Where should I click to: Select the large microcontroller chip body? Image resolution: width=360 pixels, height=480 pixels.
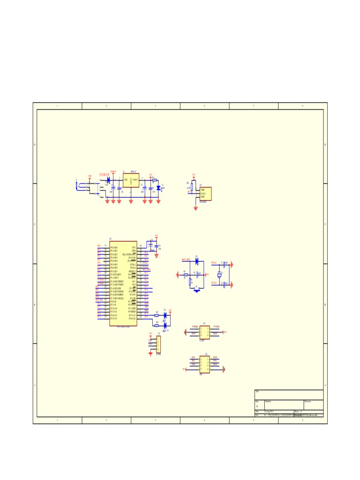(x=123, y=283)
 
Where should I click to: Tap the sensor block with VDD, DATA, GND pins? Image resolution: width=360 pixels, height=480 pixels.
(x=205, y=194)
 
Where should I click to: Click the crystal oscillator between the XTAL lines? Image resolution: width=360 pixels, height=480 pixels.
(x=218, y=275)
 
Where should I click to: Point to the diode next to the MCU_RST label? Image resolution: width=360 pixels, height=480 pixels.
(x=197, y=261)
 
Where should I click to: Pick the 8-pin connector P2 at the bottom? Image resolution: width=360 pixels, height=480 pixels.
(x=204, y=363)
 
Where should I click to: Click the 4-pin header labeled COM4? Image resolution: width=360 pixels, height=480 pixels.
(x=158, y=345)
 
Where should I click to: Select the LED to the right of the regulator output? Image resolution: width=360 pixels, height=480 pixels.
(x=158, y=188)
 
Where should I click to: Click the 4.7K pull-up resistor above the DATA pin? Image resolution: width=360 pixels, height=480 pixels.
(x=192, y=187)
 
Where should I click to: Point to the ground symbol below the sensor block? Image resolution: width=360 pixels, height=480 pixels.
(x=195, y=208)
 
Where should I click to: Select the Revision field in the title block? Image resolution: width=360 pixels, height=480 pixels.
(x=313, y=405)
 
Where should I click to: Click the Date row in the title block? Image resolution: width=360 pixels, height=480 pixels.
(x=274, y=412)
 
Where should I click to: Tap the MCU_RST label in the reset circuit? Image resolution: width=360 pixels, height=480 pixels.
(x=186, y=259)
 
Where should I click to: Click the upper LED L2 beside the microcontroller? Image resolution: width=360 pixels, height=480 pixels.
(x=165, y=315)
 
